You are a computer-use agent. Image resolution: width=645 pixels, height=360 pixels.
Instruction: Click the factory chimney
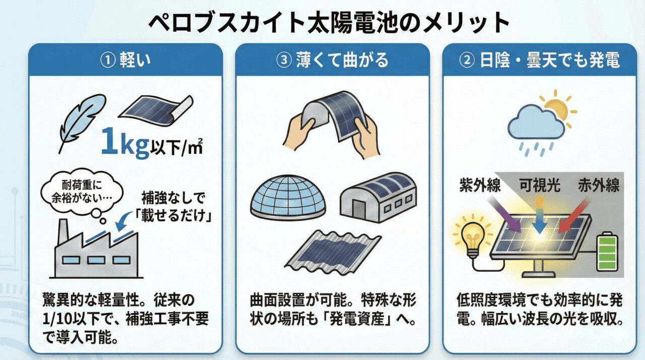click(x=63, y=233)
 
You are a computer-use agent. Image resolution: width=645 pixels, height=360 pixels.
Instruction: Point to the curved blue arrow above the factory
click(x=124, y=222)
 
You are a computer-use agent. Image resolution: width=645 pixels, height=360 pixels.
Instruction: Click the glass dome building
click(x=288, y=198)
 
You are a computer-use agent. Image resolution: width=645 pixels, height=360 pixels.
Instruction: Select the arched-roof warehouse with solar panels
click(x=378, y=197)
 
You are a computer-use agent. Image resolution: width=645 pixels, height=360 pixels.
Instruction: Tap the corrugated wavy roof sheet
click(x=333, y=252)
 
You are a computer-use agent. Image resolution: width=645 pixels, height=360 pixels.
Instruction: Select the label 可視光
click(x=539, y=185)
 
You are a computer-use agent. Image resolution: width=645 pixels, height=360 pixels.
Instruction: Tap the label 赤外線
click(x=599, y=185)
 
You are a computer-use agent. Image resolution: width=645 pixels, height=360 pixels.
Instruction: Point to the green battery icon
click(x=607, y=252)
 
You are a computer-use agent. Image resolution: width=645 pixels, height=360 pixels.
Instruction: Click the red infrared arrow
click(x=573, y=216)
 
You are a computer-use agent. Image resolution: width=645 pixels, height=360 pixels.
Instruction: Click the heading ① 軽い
click(x=125, y=60)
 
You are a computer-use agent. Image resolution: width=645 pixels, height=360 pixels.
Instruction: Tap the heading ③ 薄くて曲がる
click(x=332, y=60)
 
